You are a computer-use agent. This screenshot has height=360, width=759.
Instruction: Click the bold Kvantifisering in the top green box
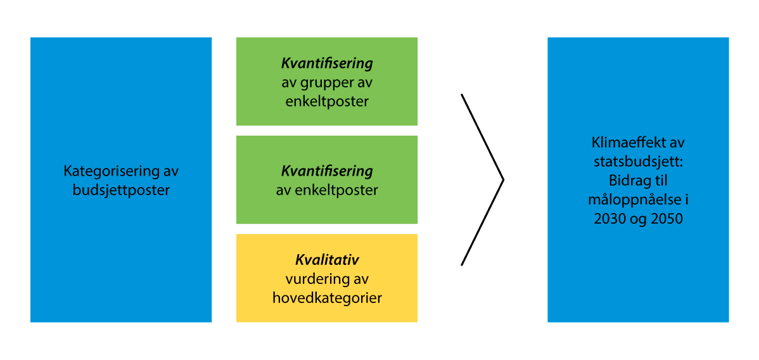click(327, 64)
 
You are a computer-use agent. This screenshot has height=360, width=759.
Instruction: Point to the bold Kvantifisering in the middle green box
click(327, 171)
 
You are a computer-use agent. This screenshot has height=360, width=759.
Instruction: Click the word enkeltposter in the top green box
click(327, 101)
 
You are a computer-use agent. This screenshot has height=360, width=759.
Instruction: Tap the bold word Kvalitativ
click(327, 260)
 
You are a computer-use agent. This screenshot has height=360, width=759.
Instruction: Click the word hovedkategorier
click(327, 297)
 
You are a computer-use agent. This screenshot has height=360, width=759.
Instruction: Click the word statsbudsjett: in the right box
click(638, 160)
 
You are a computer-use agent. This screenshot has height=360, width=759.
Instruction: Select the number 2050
click(666, 219)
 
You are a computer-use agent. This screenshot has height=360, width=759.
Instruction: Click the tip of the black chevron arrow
click(503, 180)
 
